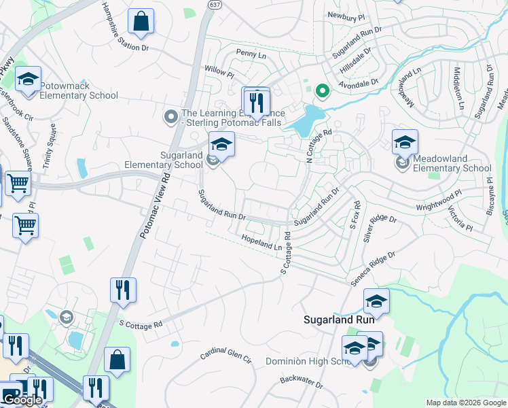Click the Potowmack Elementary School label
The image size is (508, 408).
(x=79, y=91)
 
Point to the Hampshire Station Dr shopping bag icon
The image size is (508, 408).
(x=141, y=22)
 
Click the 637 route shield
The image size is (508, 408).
(x=215, y=5)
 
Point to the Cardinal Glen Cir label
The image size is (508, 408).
(x=225, y=355)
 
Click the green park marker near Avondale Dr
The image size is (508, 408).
(x=322, y=89)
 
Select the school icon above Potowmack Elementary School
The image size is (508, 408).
(x=29, y=80)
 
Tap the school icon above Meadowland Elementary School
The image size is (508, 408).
(x=405, y=142)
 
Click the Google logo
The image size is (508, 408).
(x=22, y=400)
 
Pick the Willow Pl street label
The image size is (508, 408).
(x=219, y=70)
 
